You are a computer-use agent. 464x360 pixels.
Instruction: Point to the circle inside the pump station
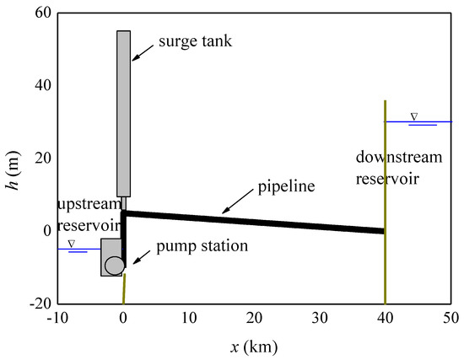[115, 265]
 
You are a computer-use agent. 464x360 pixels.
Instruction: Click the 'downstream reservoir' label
[399, 168]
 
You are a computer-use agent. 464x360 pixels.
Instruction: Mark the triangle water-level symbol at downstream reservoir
[413, 116]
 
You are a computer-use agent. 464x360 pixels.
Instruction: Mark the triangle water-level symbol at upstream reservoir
[70, 244]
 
